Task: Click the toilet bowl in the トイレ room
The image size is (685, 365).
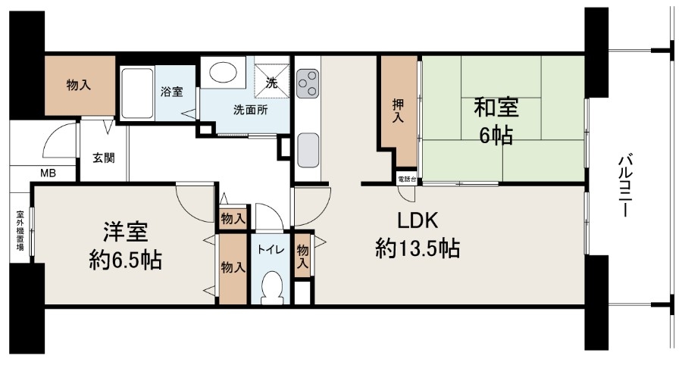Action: click(x=272, y=287)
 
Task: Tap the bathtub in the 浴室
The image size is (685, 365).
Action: click(x=136, y=92)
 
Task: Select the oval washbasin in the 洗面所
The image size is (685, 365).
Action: click(x=224, y=72)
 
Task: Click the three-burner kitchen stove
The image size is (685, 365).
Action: click(x=308, y=83)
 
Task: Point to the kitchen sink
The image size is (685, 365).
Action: click(x=308, y=150)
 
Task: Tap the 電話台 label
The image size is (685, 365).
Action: click(x=407, y=179)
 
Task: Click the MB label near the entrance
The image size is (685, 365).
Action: click(x=48, y=173)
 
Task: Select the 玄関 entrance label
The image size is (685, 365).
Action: click(x=104, y=158)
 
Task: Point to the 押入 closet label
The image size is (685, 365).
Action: click(x=398, y=111)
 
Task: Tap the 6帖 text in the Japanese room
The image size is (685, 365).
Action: click(x=496, y=136)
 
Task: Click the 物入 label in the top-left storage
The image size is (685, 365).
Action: click(x=79, y=85)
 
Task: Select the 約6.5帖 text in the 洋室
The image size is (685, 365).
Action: click(x=125, y=260)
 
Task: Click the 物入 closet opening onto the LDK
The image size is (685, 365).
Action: click(x=303, y=256)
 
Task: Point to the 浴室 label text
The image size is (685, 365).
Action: click(x=172, y=92)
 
